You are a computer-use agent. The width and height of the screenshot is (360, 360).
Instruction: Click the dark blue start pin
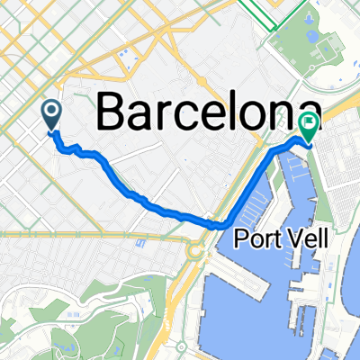click(50, 113)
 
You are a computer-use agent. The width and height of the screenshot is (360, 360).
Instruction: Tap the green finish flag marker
click(308, 129)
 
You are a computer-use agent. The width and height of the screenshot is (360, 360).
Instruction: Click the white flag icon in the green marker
click(308, 125)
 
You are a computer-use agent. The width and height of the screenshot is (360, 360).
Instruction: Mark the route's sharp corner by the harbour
click(225, 223)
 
